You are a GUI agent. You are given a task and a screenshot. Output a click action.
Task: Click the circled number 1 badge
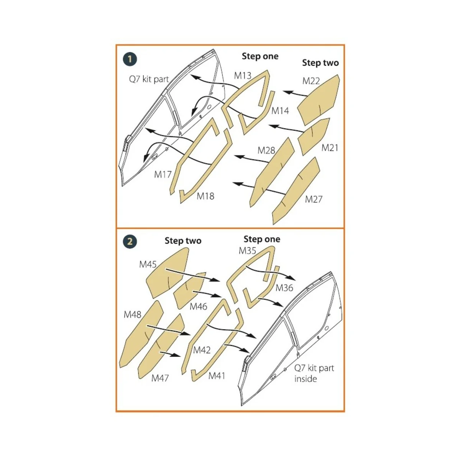130,59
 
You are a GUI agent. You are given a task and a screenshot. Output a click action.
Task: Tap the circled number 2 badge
130,242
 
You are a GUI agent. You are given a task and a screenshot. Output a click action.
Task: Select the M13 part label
243,76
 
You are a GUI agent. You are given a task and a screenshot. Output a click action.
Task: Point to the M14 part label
280,111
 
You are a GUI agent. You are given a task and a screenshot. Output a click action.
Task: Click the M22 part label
311,81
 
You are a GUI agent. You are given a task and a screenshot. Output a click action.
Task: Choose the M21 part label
330,148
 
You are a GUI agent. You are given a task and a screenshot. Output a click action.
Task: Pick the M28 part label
266,150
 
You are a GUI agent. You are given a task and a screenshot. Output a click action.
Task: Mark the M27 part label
314,199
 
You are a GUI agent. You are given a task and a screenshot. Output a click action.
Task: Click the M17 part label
163,175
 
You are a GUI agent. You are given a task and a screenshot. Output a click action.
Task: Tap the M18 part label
205,196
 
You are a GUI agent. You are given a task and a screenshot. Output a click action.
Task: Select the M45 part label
148,264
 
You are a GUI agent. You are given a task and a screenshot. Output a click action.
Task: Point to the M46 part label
198,307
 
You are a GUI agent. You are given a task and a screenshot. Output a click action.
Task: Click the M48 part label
133,315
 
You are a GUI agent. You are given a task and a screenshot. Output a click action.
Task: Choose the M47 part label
160,378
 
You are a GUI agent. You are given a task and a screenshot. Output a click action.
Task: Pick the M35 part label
247,251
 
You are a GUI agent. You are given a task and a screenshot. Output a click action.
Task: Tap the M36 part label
284,288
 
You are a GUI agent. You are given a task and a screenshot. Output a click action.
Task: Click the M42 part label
202,350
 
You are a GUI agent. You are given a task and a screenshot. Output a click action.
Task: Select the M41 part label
217,376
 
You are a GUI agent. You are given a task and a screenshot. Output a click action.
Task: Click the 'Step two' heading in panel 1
320,63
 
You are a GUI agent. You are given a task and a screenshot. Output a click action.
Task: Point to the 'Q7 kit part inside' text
314,373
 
